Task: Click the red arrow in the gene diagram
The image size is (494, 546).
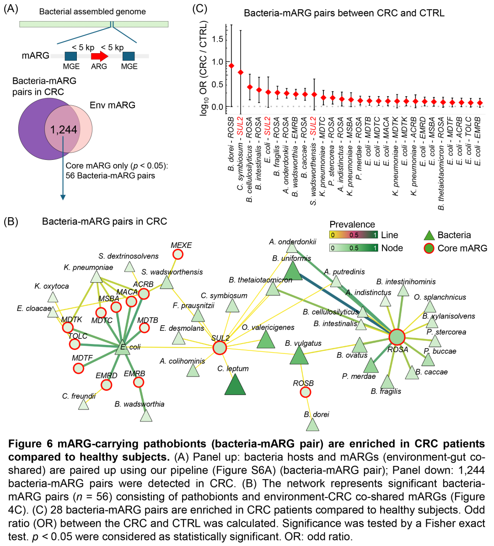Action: pos(99,56)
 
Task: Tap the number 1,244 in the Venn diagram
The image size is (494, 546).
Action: pos(64,130)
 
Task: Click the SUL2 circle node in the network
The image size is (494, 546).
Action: pos(220,348)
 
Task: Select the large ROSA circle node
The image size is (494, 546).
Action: pos(397,337)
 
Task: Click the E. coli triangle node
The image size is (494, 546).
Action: pos(123,348)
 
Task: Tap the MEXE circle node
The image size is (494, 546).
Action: pos(177,254)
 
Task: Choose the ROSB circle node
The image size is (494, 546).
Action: pos(305,392)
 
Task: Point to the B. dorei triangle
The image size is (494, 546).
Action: pos(312,425)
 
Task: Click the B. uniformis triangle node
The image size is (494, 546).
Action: pos(293,272)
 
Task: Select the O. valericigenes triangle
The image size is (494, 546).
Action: pos(265,340)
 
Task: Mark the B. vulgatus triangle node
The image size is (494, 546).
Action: pos(299,356)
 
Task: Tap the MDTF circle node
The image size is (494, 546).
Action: pos(78,368)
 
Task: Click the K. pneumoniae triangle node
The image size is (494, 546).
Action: pos(96,277)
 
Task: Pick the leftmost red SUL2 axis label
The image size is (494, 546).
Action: pos(240,126)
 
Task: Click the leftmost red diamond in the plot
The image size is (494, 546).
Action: pos(231,66)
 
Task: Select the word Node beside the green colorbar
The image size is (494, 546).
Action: pos(392,248)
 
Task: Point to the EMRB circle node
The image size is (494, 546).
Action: pos(139,382)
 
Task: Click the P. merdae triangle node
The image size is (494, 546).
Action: pos(371,366)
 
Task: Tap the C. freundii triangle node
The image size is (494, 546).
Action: pos(83,404)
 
